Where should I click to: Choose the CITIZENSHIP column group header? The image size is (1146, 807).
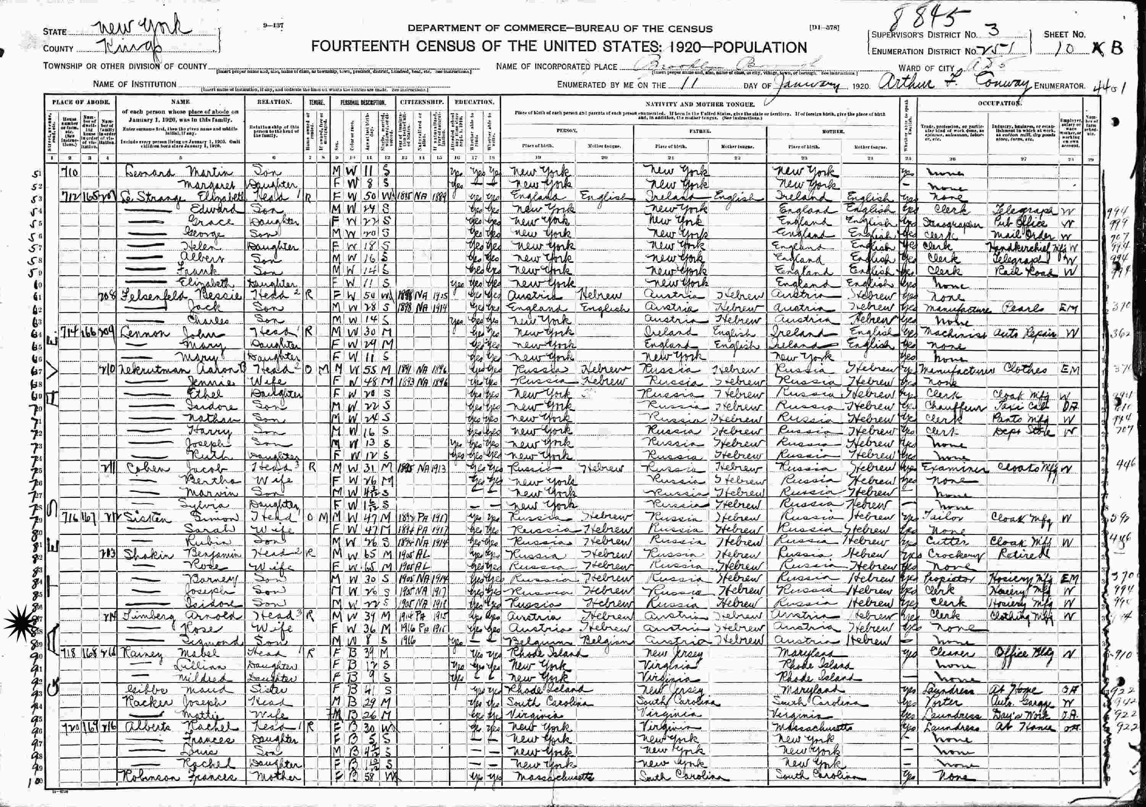421,102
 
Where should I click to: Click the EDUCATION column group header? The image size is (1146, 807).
474,102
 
